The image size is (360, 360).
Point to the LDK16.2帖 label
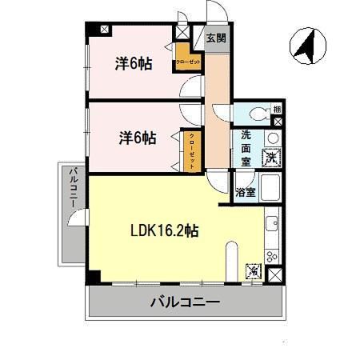(164, 231)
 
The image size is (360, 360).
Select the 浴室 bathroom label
(246, 192)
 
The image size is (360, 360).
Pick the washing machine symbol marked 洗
(272, 157)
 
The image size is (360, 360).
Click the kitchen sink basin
(272, 223)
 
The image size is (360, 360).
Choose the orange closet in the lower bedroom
(192, 150)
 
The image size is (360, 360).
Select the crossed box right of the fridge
(275, 274)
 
